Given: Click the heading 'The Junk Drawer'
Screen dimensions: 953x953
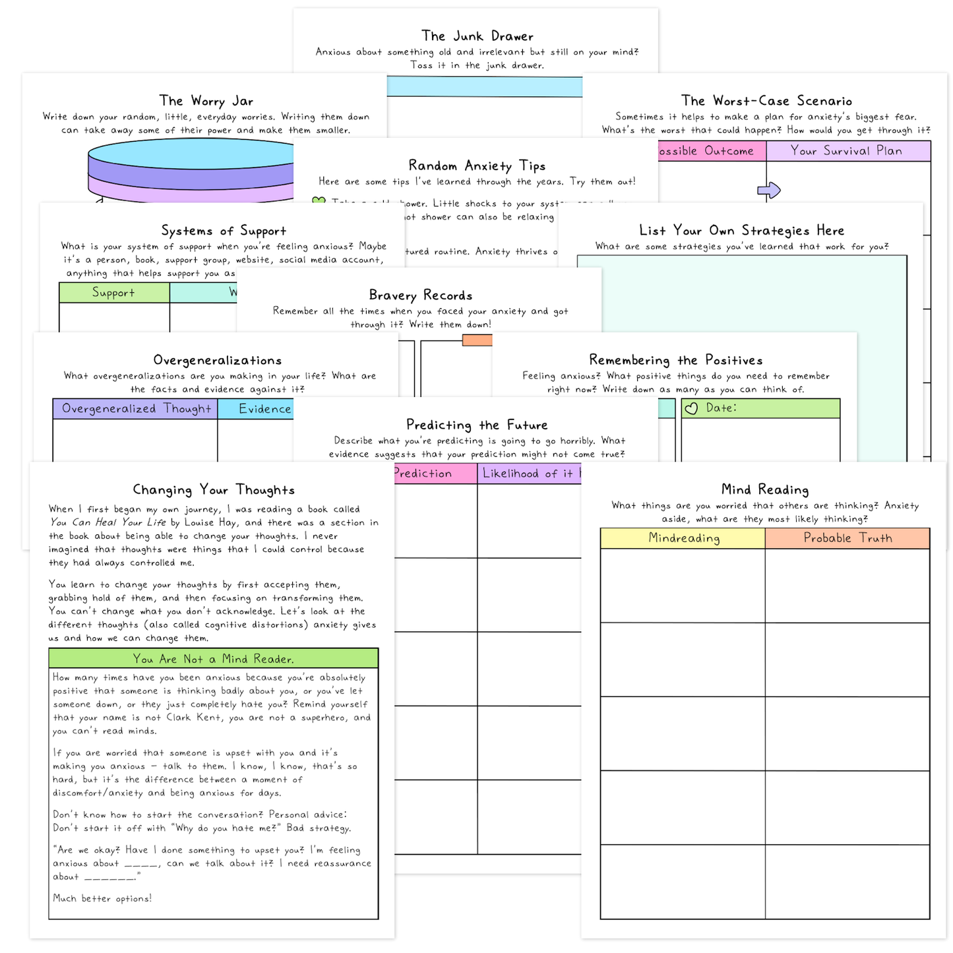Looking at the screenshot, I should coord(477,36).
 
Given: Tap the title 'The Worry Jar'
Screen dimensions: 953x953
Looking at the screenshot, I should coord(206,101).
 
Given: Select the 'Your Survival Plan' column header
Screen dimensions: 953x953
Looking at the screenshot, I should coord(847,151).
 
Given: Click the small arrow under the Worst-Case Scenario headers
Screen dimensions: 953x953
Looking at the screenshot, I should coord(769,191).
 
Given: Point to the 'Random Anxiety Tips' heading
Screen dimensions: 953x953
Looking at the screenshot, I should coord(477,166).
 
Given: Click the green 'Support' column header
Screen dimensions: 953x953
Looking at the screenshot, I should coord(113,293).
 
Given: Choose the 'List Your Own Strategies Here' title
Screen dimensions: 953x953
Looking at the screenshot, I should coord(741,230).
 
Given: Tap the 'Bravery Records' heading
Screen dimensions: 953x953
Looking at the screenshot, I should coord(420,295).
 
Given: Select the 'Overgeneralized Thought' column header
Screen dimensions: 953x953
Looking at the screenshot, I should coord(136,409).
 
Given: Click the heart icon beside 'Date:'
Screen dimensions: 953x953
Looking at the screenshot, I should coord(691,409).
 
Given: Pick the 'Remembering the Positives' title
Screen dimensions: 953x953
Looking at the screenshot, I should coord(675,360).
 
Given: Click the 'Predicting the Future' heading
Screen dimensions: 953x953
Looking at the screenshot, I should coord(477,425).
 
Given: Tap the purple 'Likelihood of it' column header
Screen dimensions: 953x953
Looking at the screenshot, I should coord(530,474).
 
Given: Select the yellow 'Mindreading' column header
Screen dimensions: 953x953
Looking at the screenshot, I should coord(683,538).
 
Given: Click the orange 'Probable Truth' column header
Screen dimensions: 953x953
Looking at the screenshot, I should coord(847,538).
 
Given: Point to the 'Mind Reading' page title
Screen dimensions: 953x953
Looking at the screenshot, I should coord(764,489).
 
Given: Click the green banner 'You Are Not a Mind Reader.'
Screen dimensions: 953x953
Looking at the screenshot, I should coord(213,659).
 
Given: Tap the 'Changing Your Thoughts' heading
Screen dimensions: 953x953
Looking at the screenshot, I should coord(213,489).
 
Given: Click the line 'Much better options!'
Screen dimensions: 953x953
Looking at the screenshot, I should coord(102,898).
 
